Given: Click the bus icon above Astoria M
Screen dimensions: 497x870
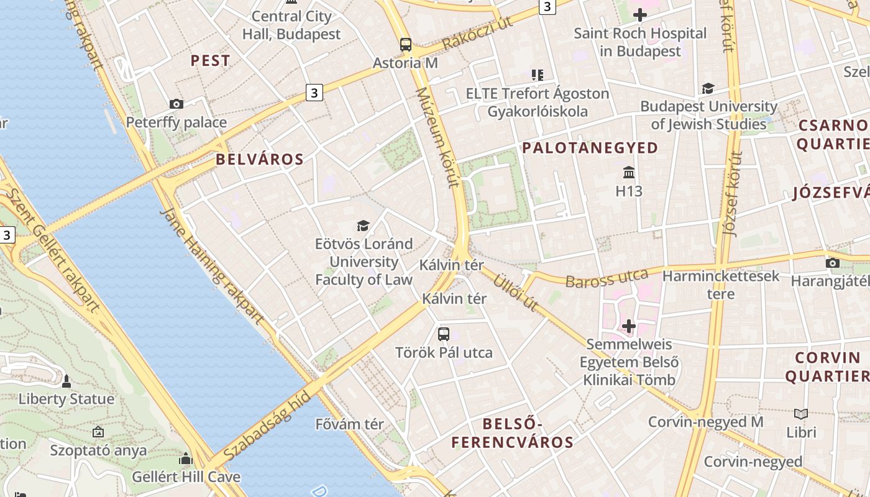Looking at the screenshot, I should tap(405, 44).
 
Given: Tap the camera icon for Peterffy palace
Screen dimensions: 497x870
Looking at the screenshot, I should tap(176, 104).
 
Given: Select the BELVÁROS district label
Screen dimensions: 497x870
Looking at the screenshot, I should tap(260, 160).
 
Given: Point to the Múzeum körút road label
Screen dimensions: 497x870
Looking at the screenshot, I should tap(438, 137).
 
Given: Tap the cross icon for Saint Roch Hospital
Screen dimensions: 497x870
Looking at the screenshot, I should tap(639, 15).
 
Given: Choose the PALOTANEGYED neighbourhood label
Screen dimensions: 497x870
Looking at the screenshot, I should tap(590, 148).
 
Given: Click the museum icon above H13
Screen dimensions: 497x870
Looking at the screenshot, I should tap(628, 172).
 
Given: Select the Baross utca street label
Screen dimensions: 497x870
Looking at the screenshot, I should tap(606, 279).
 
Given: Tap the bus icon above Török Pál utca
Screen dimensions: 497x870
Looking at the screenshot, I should tap(444, 334).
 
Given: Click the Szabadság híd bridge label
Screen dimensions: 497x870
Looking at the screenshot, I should tap(266, 427).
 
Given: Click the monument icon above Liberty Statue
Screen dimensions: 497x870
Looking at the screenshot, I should tap(66, 381).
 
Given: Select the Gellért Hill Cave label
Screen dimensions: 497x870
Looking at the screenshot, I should tap(186, 477).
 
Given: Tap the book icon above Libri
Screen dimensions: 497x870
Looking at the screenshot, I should tap(801, 414).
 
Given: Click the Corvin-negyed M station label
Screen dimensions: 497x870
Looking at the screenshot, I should tap(705, 422).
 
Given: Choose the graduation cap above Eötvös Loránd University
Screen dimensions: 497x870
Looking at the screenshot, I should tap(364, 226).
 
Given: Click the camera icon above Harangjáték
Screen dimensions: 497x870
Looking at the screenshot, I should tap(833, 263).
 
